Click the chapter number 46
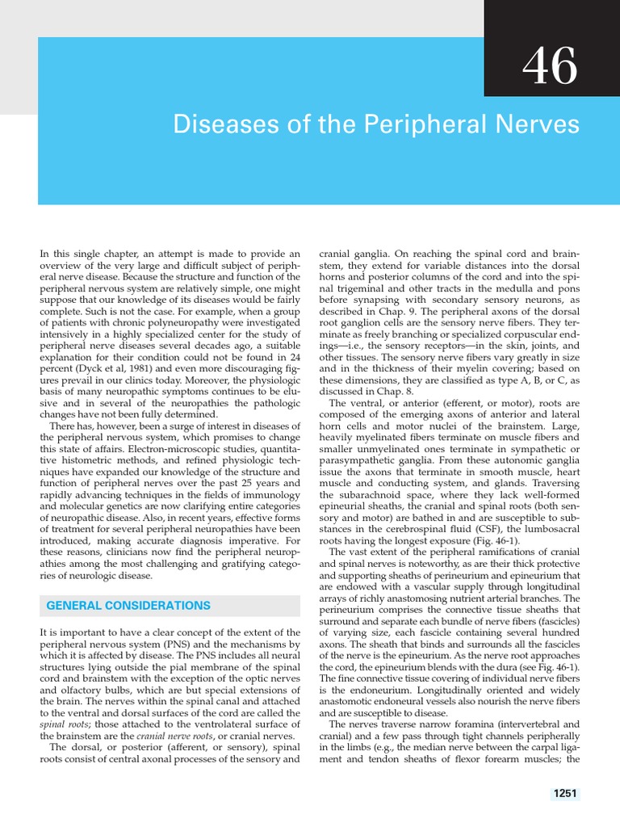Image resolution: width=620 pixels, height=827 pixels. click(x=550, y=67)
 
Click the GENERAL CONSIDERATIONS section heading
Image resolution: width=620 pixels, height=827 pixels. click(x=129, y=605)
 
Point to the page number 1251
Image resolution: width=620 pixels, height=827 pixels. click(x=565, y=794)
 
